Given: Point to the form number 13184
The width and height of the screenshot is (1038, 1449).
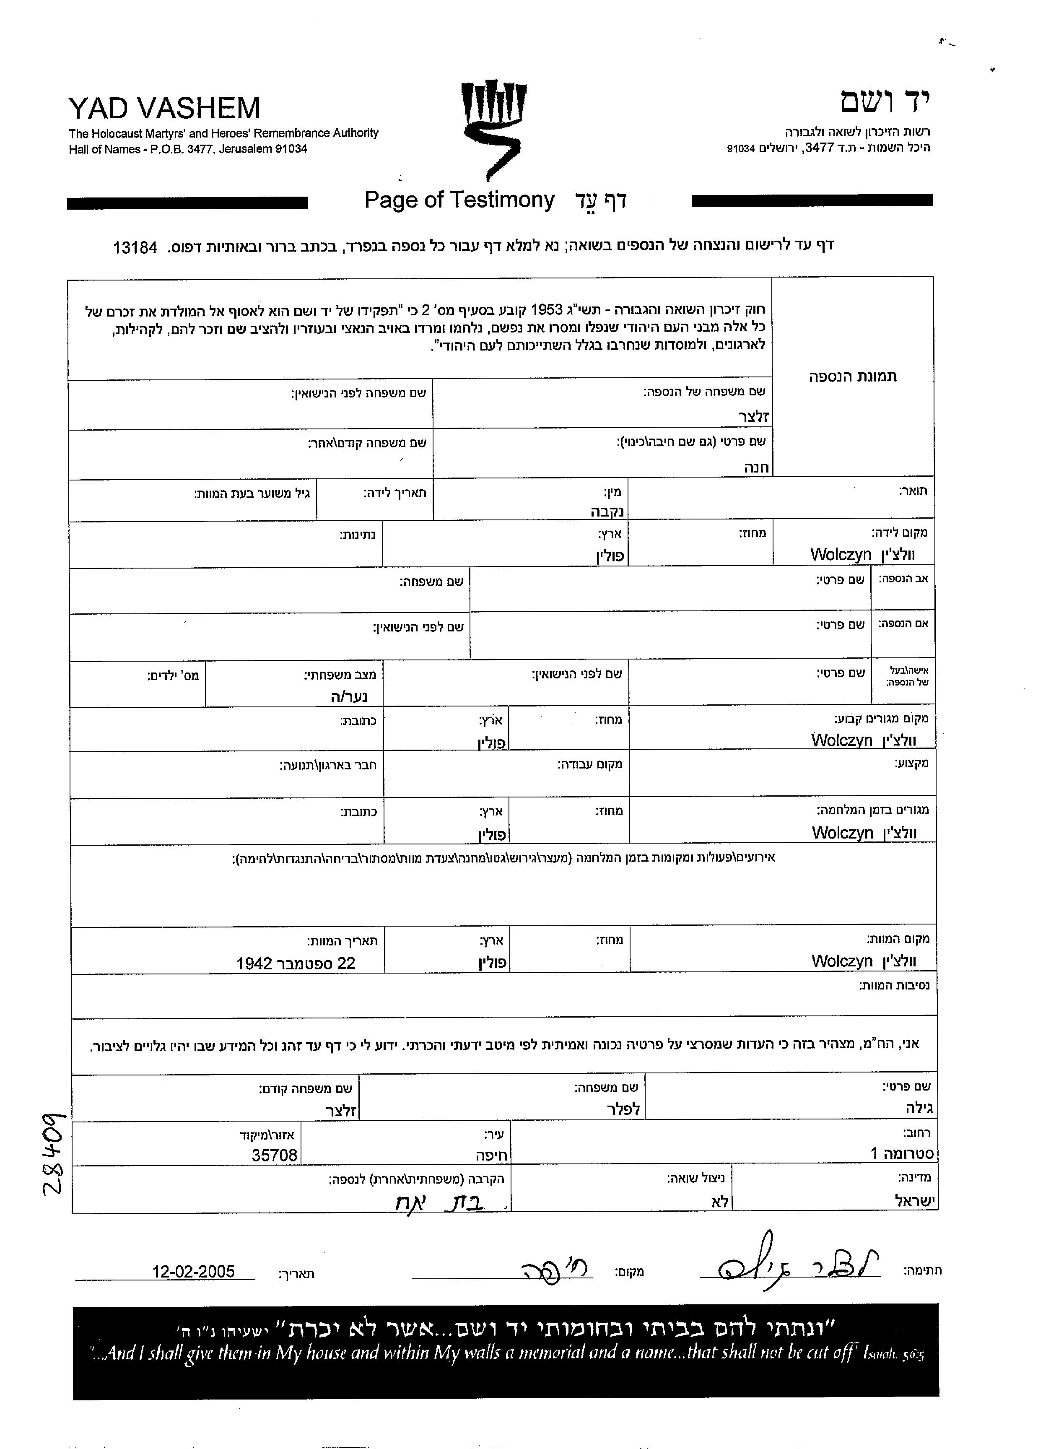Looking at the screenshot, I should [x=135, y=248].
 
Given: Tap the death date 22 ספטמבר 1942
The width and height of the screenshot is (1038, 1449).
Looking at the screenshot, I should [x=296, y=963].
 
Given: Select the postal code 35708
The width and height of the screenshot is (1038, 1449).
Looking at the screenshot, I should [x=274, y=1155].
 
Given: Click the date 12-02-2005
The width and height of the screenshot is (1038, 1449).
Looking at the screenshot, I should [x=193, y=1271].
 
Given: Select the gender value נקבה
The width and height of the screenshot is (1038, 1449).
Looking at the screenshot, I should [x=607, y=511].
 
